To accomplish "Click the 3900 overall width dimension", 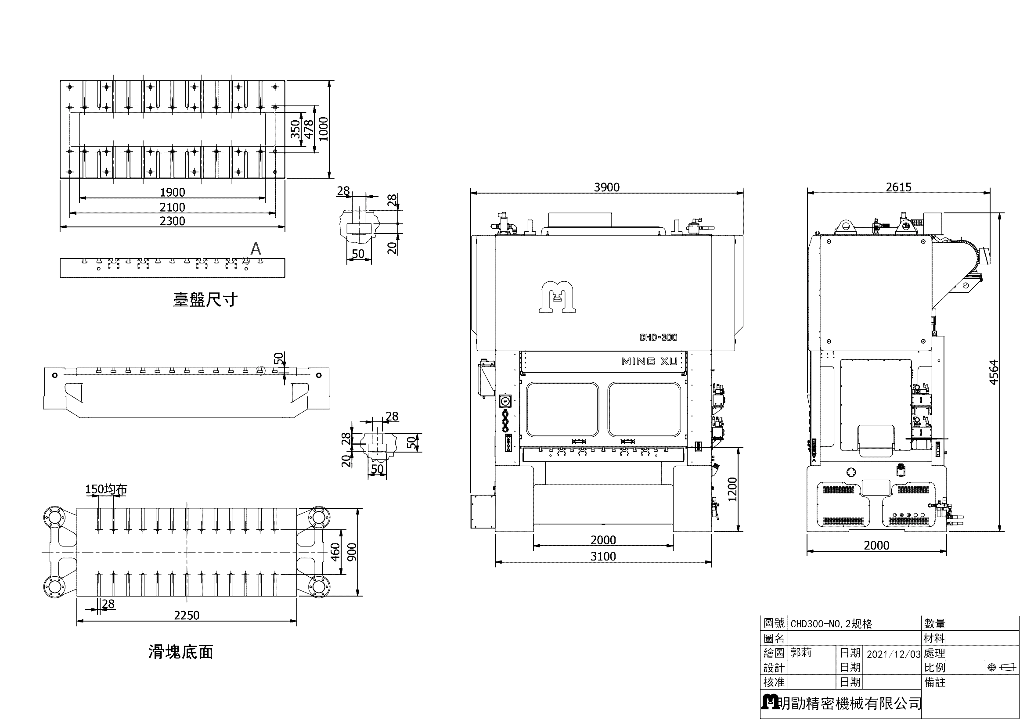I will (x=606, y=187).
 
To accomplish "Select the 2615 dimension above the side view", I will (x=899, y=187).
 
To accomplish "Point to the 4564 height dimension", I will (x=993, y=372).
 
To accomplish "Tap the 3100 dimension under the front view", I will (x=603, y=556).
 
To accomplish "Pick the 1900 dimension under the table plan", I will (x=173, y=192).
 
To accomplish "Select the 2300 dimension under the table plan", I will (x=173, y=221).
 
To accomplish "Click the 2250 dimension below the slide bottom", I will (x=187, y=615).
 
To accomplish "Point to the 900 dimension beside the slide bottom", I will (x=351, y=553).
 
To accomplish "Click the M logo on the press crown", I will (x=556, y=298).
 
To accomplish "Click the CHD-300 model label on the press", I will (x=658, y=338).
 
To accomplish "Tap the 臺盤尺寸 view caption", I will (x=205, y=299).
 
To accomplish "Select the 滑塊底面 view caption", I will (x=181, y=652).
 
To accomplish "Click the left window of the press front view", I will (x=562, y=409).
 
